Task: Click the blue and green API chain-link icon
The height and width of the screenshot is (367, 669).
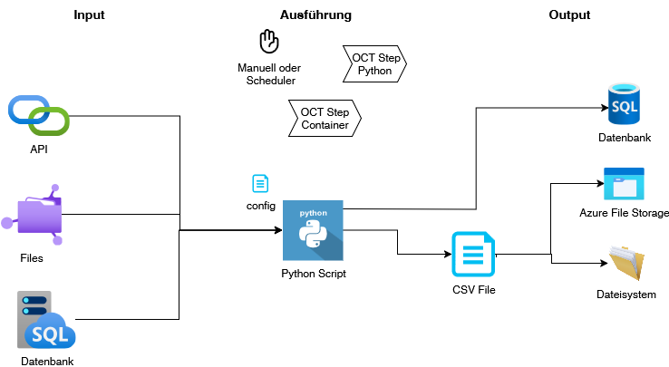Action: click(x=39, y=114)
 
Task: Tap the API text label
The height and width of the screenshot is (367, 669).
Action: click(x=39, y=150)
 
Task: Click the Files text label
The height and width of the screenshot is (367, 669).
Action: click(x=32, y=258)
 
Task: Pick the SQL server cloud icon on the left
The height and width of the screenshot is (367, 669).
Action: click(x=45, y=321)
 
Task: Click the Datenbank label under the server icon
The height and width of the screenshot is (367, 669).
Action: click(x=47, y=361)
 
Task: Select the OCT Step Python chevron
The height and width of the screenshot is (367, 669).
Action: click(x=374, y=63)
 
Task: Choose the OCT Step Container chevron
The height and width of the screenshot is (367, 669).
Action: click(x=325, y=119)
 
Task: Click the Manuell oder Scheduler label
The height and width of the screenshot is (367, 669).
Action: click(x=269, y=73)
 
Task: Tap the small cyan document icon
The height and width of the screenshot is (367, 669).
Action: click(x=260, y=184)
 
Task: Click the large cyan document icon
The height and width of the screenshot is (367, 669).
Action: click(x=473, y=255)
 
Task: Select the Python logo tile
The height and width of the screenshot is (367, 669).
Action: click(x=313, y=231)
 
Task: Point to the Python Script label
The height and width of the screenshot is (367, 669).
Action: click(x=314, y=273)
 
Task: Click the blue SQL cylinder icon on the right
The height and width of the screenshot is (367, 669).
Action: click(x=624, y=104)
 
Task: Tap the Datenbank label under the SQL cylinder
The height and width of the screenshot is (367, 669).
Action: click(x=625, y=138)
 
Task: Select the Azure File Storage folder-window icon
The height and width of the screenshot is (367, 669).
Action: click(x=624, y=184)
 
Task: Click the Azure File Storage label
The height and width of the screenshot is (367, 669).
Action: click(x=624, y=213)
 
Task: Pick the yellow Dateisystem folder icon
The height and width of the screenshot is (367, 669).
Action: click(x=625, y=264)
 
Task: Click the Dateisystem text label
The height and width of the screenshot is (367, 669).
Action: click(x=625, y=295)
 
